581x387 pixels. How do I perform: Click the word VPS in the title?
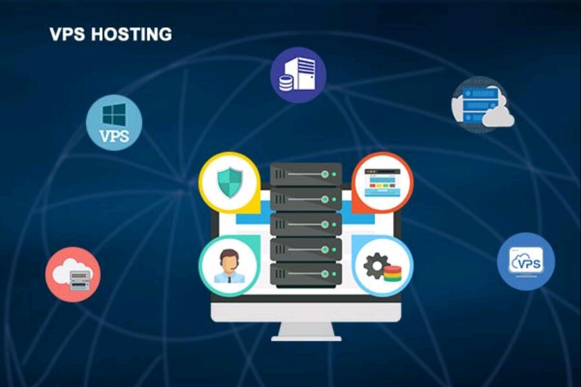(67, 34)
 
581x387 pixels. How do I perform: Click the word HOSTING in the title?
(131, 34)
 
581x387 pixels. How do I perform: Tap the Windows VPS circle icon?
(114, 123)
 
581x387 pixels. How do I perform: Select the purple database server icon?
(297, 75)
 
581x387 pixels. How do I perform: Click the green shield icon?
(229, 182)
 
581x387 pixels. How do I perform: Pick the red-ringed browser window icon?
(383, 182)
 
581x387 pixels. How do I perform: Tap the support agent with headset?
(229, 267)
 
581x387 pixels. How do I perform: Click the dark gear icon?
(376, 265)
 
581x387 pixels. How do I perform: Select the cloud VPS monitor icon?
(525, 261)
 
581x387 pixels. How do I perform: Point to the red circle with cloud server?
(73, 274)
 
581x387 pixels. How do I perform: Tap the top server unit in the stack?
(306, 174)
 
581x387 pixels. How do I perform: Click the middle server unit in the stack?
(306, 223)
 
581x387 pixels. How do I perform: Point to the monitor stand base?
(306, 337)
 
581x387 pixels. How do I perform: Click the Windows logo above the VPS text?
(114, 115)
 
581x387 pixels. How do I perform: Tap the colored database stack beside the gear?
(392, 273)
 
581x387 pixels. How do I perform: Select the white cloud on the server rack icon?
(499, 118)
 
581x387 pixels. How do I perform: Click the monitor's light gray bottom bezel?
(306, 313)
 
